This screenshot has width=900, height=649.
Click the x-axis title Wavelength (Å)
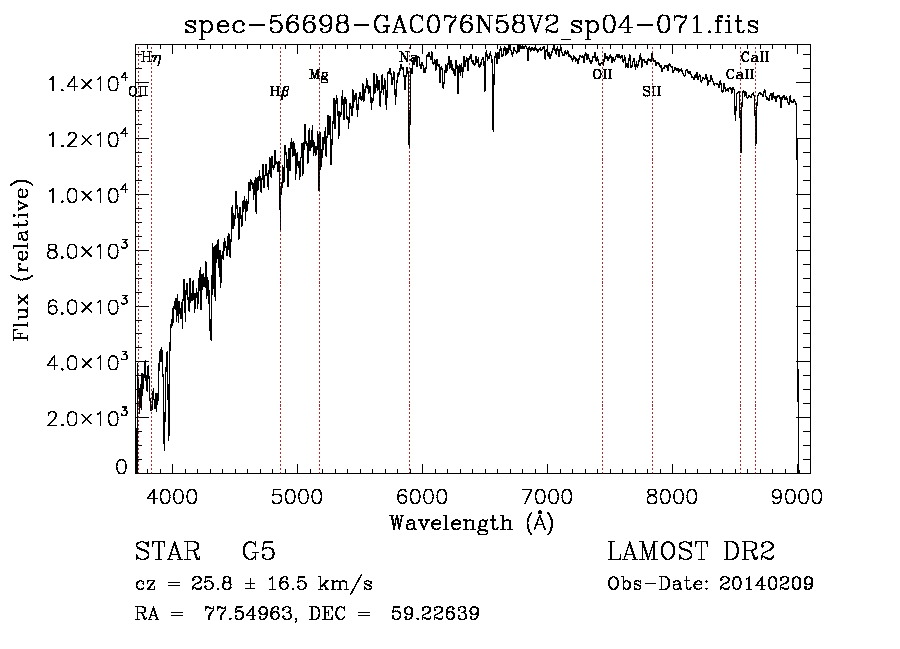(471, 522)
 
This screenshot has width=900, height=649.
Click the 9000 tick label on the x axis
(796, 495)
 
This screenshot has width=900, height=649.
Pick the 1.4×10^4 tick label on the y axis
(89, 84)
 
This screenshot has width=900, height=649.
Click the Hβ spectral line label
(280, 92)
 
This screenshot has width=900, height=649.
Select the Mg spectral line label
(318, 75)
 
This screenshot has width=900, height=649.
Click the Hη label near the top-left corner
(151, 58)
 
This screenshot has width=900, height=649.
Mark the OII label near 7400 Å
(602, 74)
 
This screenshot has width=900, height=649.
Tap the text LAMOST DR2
(691, 552)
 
